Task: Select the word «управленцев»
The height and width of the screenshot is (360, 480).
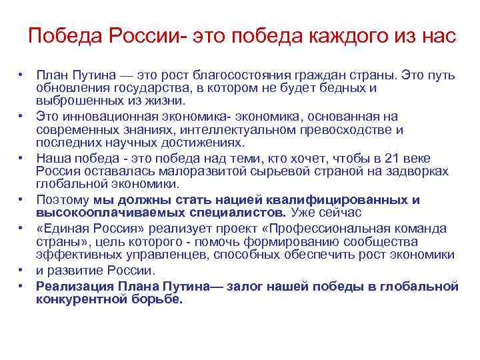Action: (x=142, y=255)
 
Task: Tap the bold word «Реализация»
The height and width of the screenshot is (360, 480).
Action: (x=75, y=286)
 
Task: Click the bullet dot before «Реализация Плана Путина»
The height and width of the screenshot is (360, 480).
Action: (x=21, y=286)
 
